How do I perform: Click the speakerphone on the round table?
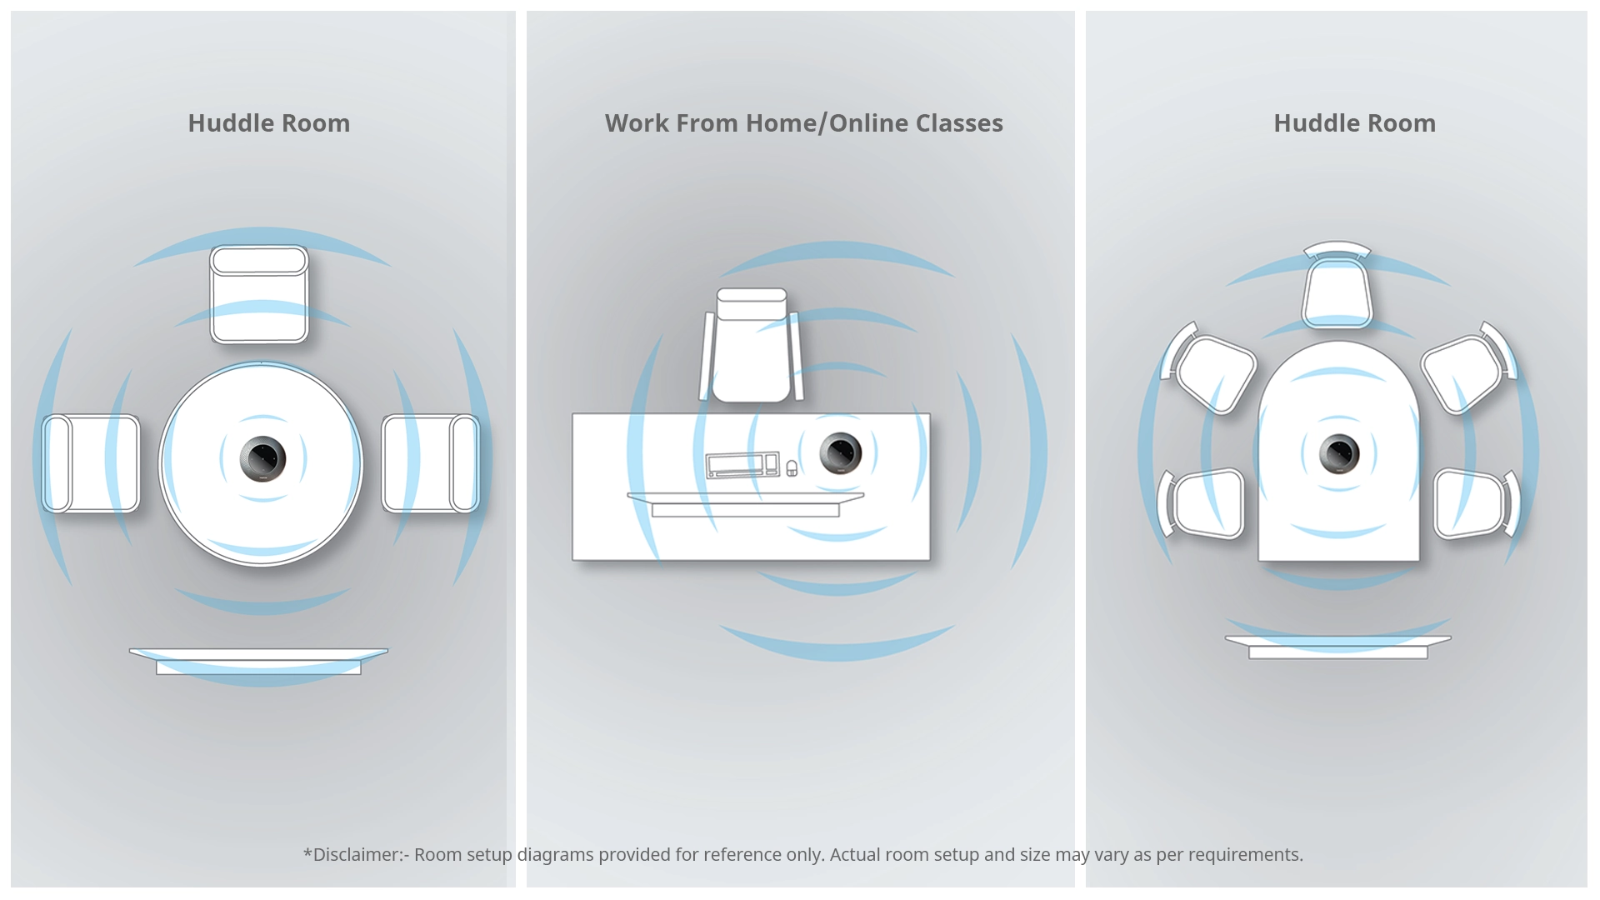tap(262, 458)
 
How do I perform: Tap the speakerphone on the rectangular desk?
tap(840, 453)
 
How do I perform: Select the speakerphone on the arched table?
tap(1339, 454)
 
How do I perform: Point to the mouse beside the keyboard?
tap(792, 468)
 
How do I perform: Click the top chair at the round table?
tap(259, 294)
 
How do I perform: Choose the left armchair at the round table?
tap(91, 463)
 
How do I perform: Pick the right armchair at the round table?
tap(431, 463)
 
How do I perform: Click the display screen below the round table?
tap(258, 662)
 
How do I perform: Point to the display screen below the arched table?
tap(1338, 647)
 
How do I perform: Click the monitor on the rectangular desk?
tap(745, 505)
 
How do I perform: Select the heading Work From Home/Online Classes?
tap(804, 123)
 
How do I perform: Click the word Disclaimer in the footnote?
tap(357, 855)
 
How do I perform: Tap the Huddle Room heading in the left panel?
tap(269, 123)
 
